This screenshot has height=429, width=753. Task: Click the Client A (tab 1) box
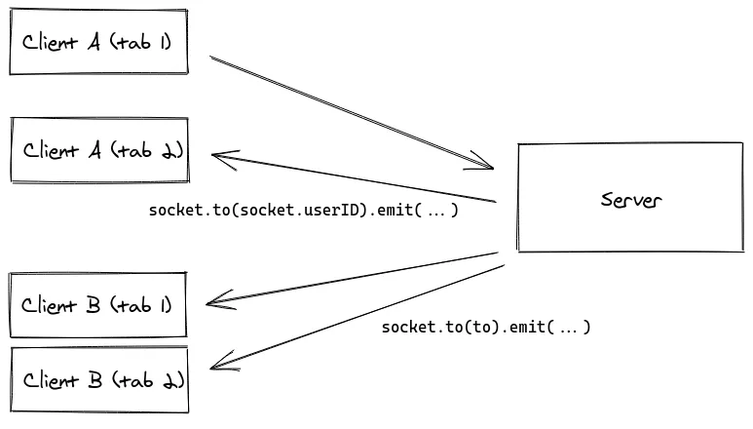pyautogui.click(x=97, y=42)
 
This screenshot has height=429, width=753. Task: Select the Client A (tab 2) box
pyautogui.click(x=97, y=150)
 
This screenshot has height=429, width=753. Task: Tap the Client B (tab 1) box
pyautogui.click(x=97, y=305)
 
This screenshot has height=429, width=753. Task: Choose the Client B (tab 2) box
pyautogui.click(x=97, y=379)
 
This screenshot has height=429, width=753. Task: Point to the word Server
pyautogui.click(x=630, y=200)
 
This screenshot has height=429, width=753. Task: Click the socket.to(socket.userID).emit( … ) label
pyautogui.click(x=303, y=210)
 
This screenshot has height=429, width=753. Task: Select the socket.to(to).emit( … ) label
pyautogui.click(x=485, y=327)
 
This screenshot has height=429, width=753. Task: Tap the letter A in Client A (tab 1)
pyautogui.click(x=94, y=43)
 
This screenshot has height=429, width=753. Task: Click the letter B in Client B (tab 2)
pyautogui.click(x=94, y=379)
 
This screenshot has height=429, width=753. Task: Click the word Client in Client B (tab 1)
pyautogui.click(x=49, y=305)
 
